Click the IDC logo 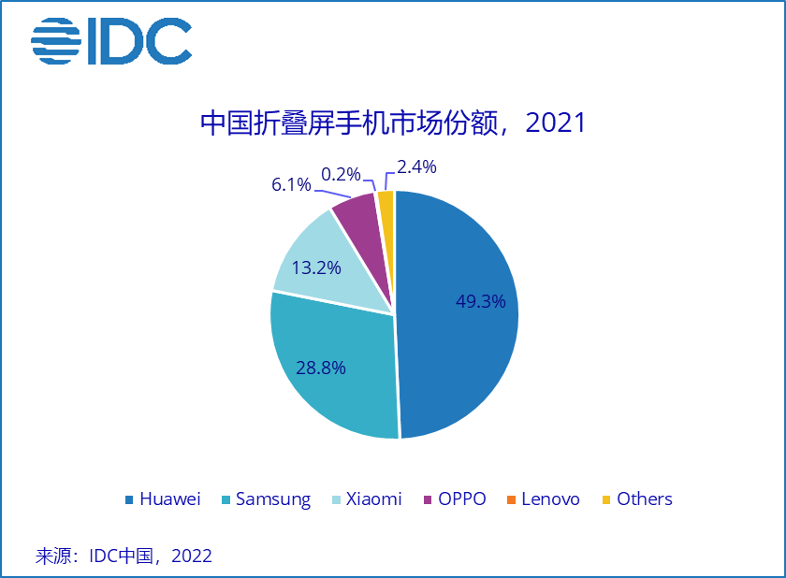111,42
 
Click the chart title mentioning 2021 393,123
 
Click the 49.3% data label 480,301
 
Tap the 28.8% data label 320,368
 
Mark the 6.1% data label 291,184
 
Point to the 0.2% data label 341,174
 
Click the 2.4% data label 416,167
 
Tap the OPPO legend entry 456,499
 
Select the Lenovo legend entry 543,499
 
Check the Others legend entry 636,499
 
